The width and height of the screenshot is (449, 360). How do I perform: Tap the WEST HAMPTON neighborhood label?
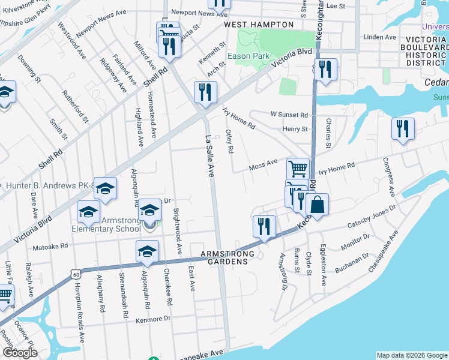pyautogui.click(x=259, y=25)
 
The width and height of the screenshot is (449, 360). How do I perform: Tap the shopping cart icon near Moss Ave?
pyautogui.click(x=298, y=169)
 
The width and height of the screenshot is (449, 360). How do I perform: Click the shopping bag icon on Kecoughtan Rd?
pyautogui.click(x=317, y=204)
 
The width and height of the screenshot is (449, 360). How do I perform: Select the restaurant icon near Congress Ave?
pyautogui.click(x=402, y=128)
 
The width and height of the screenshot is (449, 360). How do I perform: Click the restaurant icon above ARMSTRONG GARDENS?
pyautogui.click(x=264, y=226)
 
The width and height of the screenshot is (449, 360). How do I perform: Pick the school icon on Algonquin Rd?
pyautogui.click(x=147, y=253)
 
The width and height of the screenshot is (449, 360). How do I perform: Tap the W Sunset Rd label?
pyautogui.click(x=289, y=114)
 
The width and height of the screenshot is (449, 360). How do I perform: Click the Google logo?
pyautogui.click(x=20, y=353)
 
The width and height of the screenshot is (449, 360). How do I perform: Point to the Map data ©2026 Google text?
pyautogui.click(x=411, y=355)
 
